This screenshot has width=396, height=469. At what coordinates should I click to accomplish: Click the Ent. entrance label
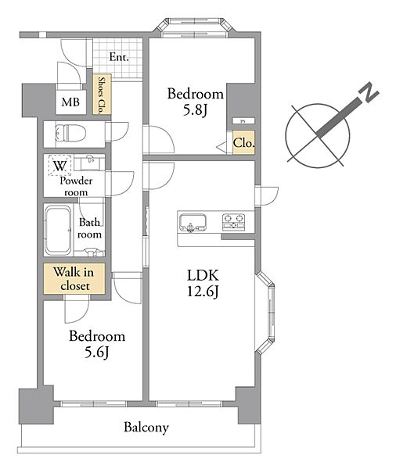119,57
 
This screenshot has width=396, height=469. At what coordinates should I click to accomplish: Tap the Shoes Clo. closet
102,95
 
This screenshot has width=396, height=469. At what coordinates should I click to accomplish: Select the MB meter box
70,102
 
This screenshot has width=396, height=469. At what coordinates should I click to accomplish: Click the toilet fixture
70,134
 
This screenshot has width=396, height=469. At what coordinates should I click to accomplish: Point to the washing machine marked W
60,165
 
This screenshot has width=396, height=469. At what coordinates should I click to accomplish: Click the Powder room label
76,186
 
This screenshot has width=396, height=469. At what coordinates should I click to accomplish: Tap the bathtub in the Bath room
58,230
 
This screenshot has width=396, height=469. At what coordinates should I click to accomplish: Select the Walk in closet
74,279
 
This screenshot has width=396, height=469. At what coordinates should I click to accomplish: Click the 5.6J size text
96,353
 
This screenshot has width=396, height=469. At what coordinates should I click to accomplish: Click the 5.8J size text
195,110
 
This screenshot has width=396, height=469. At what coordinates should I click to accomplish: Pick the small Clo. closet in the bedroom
244,142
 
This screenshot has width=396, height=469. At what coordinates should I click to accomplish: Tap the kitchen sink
193,223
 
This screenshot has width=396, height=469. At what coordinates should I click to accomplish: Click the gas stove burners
234,222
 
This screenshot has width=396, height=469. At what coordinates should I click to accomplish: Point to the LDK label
203,275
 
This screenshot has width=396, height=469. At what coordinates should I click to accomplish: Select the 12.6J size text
203,291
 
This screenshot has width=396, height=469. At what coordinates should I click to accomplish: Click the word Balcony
146,428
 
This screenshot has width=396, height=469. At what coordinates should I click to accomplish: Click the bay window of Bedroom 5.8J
193,28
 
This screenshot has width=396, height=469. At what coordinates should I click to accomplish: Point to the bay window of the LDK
265,313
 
